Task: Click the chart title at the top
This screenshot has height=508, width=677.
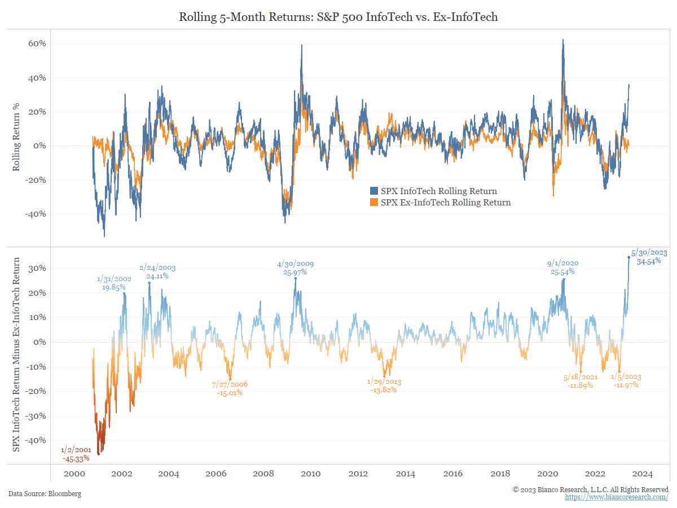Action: pos(338,17)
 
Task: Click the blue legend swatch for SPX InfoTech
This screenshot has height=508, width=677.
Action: pos(374,191)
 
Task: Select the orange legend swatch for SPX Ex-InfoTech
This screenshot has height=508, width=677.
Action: pos(374,202)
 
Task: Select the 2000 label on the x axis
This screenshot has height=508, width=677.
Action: pos(74,474)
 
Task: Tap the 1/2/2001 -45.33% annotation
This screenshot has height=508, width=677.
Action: pos(76,454)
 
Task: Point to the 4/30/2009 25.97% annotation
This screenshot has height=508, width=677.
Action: pos(295,268)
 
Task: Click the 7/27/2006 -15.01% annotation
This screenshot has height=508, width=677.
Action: pos(229,388)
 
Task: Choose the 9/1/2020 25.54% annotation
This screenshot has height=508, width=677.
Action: pos(562,268)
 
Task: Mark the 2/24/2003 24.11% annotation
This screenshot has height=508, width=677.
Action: pos(158,272)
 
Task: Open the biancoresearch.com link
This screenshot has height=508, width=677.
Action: pos(617,497)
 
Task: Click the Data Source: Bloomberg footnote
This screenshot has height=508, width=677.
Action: pos(45,494)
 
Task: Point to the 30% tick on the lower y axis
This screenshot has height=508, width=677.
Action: pos(38,269)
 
